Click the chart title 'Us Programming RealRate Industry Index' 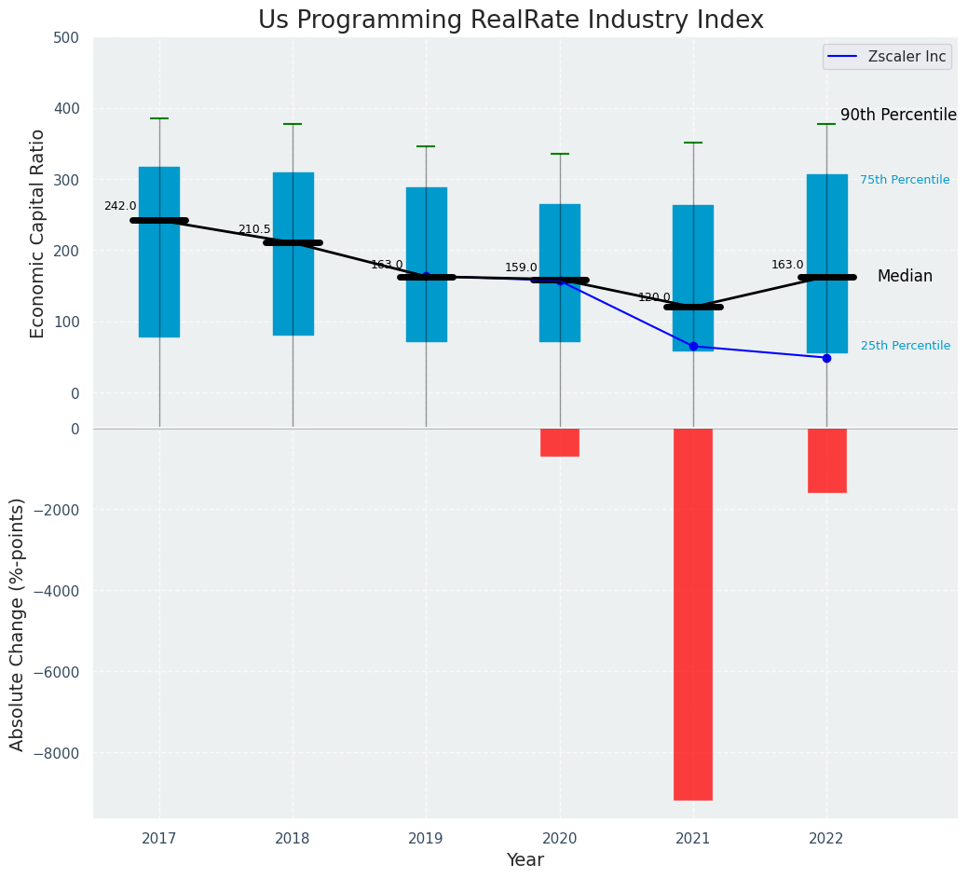(x=511, y=21)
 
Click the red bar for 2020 (x=560, y=442)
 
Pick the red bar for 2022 (x=826, y=460)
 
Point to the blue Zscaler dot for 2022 (x=826, y=358)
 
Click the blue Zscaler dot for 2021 (x=693, y=347)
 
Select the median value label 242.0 (x=120, y=206)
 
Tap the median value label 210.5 (x=254, y=229)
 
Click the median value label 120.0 (x=654, y=297)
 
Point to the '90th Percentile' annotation (x=898, y=115)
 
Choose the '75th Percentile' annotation (x=905, y=180)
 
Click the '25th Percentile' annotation (x=906, y=346)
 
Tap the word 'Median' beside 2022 (x=905, y=277)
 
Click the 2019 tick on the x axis (x=427, y=839)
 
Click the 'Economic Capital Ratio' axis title (x=38, y=234)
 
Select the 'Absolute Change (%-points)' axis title (x=18, y=624)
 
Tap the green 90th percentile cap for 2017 (x=159, y=118)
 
